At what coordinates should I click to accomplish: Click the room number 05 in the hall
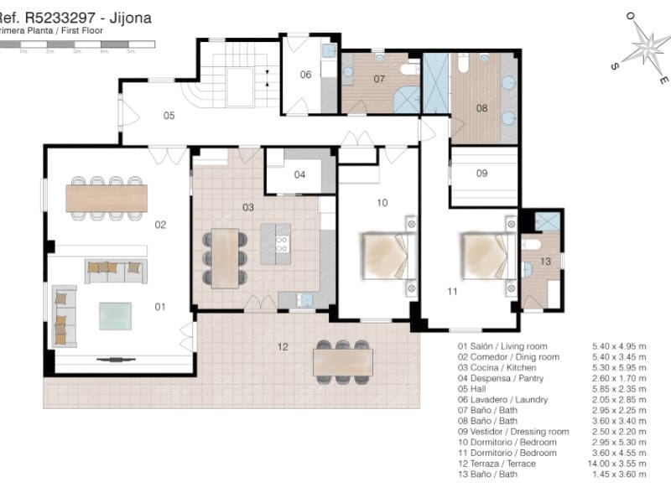click(169, 116)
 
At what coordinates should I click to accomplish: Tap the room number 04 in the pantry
click(299, 175)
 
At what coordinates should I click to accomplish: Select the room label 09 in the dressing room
click(481, 174)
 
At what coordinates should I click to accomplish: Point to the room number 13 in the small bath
click(544, 262)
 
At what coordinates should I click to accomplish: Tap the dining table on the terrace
click(342, 362)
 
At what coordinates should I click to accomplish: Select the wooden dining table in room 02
click(107, 199)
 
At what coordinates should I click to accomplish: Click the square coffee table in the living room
click(115, 316)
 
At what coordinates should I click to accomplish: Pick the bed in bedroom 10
click(384, 257)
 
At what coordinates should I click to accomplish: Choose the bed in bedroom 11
click(485, 257)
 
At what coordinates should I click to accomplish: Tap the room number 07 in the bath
click(379, 80)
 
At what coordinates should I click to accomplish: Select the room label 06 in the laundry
click(306, 75)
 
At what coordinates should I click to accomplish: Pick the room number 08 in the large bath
click(481, 108)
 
